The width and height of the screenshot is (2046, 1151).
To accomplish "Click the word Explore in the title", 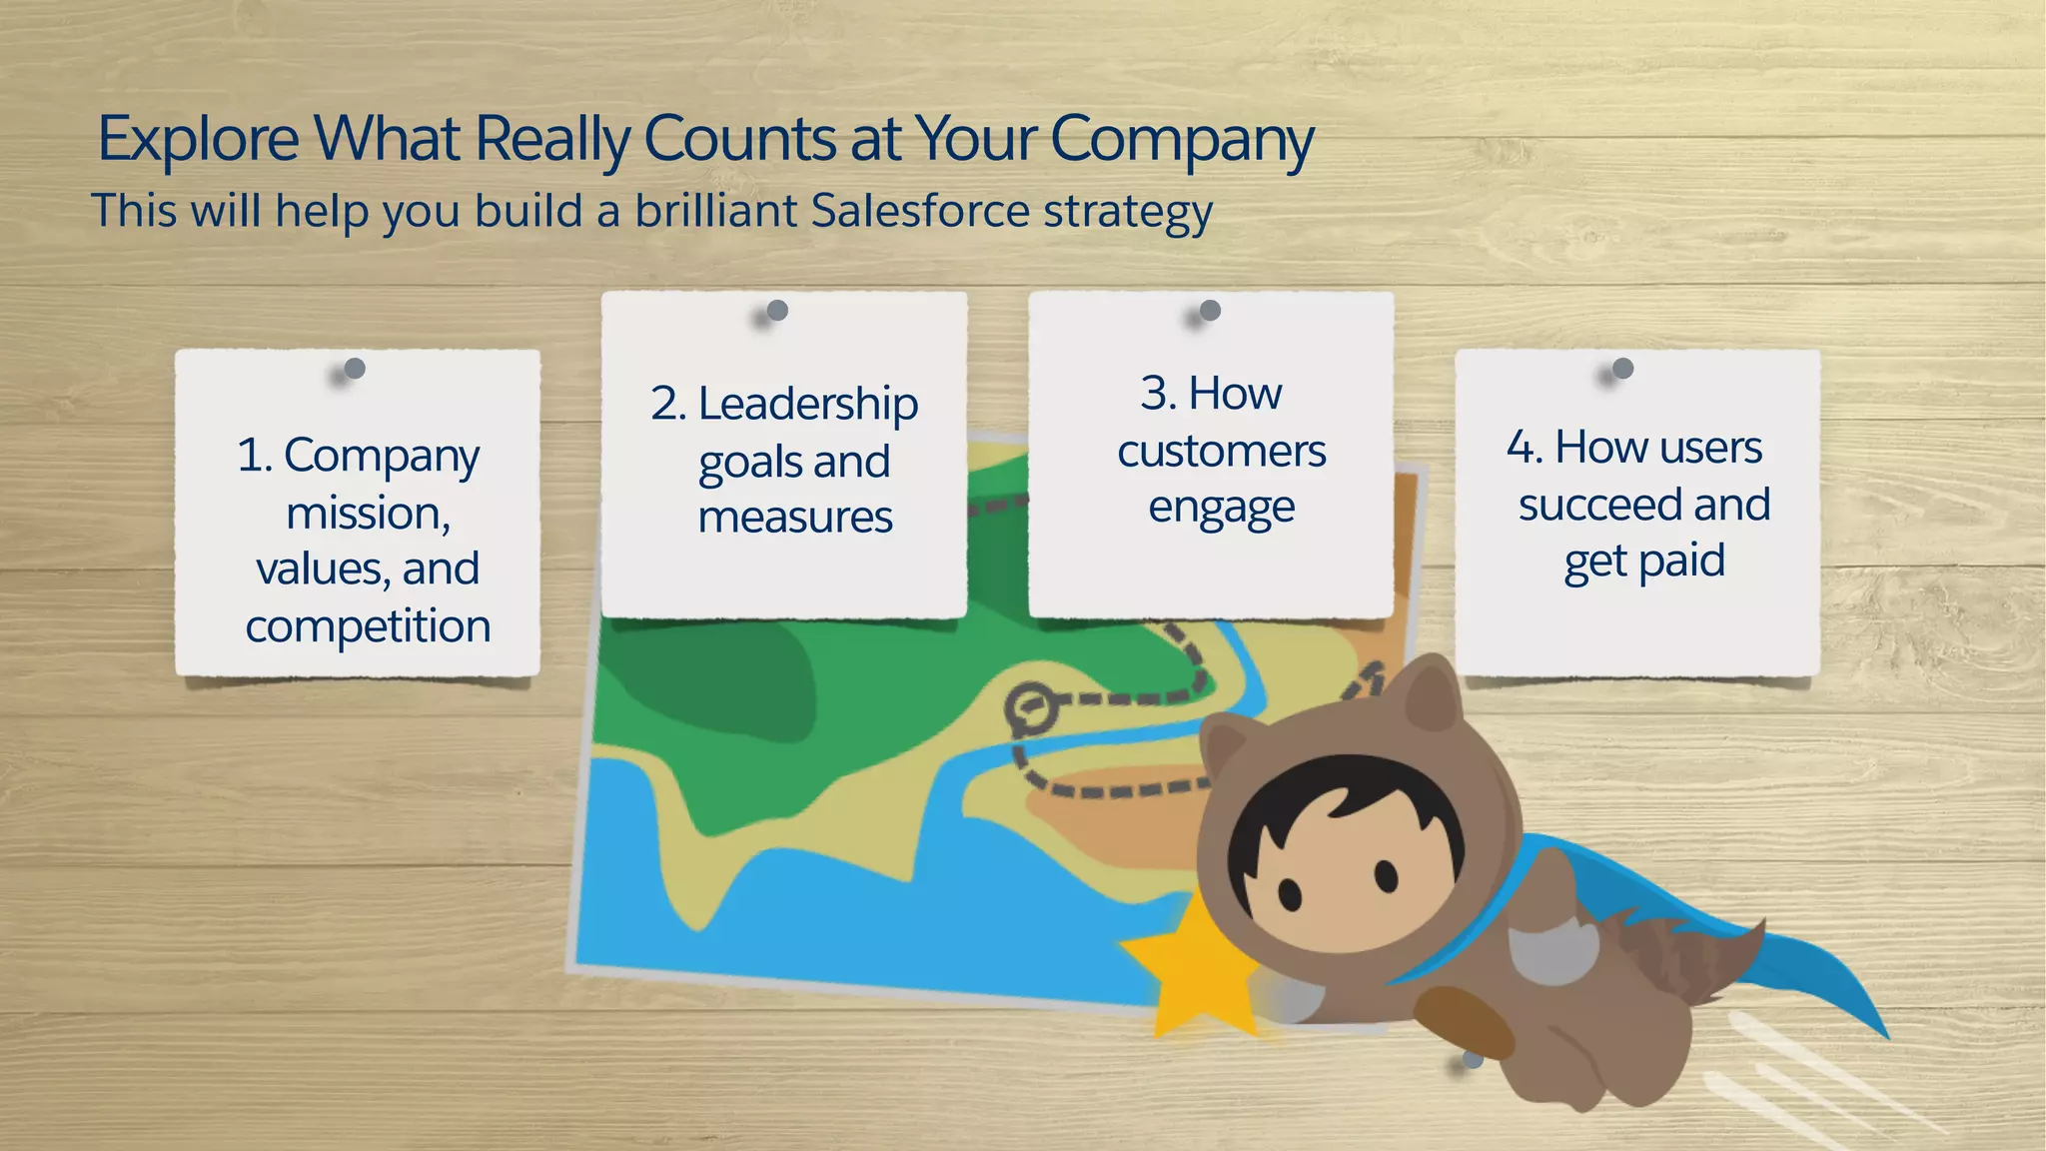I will tap(198, 140).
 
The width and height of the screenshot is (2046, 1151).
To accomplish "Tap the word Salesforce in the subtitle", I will tap(919, 212).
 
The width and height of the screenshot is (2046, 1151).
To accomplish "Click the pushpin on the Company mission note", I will tap(355, 369).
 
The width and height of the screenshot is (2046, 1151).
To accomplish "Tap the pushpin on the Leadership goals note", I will tap(777, 311).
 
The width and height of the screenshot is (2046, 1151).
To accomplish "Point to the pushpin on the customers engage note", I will tap(1210, 311).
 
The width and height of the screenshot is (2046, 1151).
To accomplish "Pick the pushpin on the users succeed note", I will tap(1623, 369).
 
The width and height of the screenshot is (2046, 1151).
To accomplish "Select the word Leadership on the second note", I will tap(807, 405).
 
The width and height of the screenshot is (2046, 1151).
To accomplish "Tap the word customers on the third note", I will tap(1221, 452).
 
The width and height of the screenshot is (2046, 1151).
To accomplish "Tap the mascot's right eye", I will tap(1386, 875).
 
